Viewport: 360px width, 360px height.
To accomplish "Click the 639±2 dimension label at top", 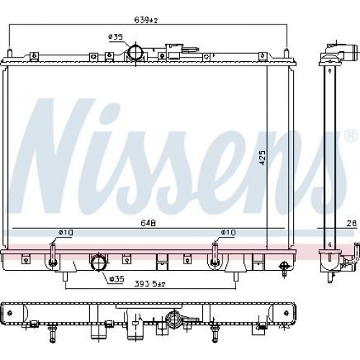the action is pyautogui.click(x=145, y=20).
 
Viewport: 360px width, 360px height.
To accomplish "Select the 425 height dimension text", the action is pyautogui.click(x=263, y=158).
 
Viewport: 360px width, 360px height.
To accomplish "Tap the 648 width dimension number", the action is pyautogui.click(x=148, y=223).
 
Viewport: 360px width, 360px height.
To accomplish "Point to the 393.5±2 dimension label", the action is pyautogui.click(x=150, y=284).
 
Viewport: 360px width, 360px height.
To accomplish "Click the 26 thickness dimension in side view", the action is pyautogui.click(x=351, y=223).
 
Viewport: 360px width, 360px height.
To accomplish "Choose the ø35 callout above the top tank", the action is pyautogui.click(x=115, y=37).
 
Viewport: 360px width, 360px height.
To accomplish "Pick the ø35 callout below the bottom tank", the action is pyautogui.click(x=117, y=279).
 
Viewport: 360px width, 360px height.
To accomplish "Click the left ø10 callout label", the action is pyautogui.click(x=66, y=233).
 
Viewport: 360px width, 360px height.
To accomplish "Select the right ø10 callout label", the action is pyautogui.click(x=228, y=233).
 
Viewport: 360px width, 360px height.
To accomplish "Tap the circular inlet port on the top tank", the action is pyautogui.click(x=135, y=53).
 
